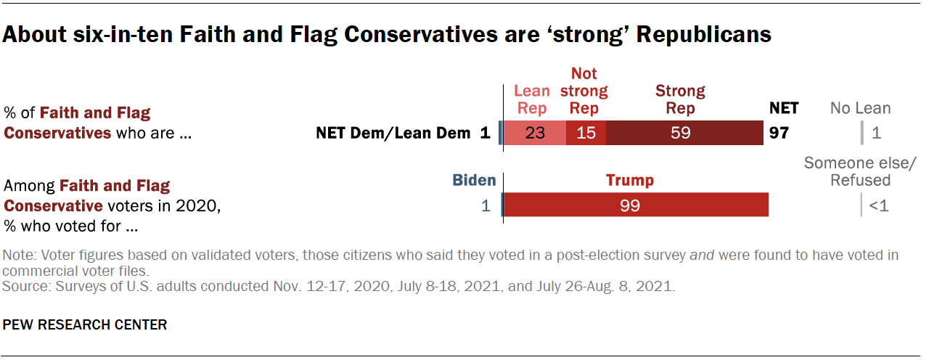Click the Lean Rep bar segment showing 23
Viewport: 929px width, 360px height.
535,134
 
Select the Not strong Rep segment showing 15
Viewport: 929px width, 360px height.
586,134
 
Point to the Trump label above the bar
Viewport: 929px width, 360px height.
630,180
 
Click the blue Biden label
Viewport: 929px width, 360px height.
475,180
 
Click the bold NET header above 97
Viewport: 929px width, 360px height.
783,108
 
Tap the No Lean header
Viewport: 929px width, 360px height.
861,108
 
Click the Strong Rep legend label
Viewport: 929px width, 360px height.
680,100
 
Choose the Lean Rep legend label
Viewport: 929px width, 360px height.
532,100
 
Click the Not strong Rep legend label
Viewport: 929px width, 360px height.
584,91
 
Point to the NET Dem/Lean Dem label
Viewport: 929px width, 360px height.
395,134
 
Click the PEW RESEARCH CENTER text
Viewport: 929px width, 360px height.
86,324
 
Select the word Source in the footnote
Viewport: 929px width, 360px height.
22,287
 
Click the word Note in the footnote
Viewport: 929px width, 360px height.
17,255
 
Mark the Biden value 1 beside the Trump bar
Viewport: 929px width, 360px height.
486,205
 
